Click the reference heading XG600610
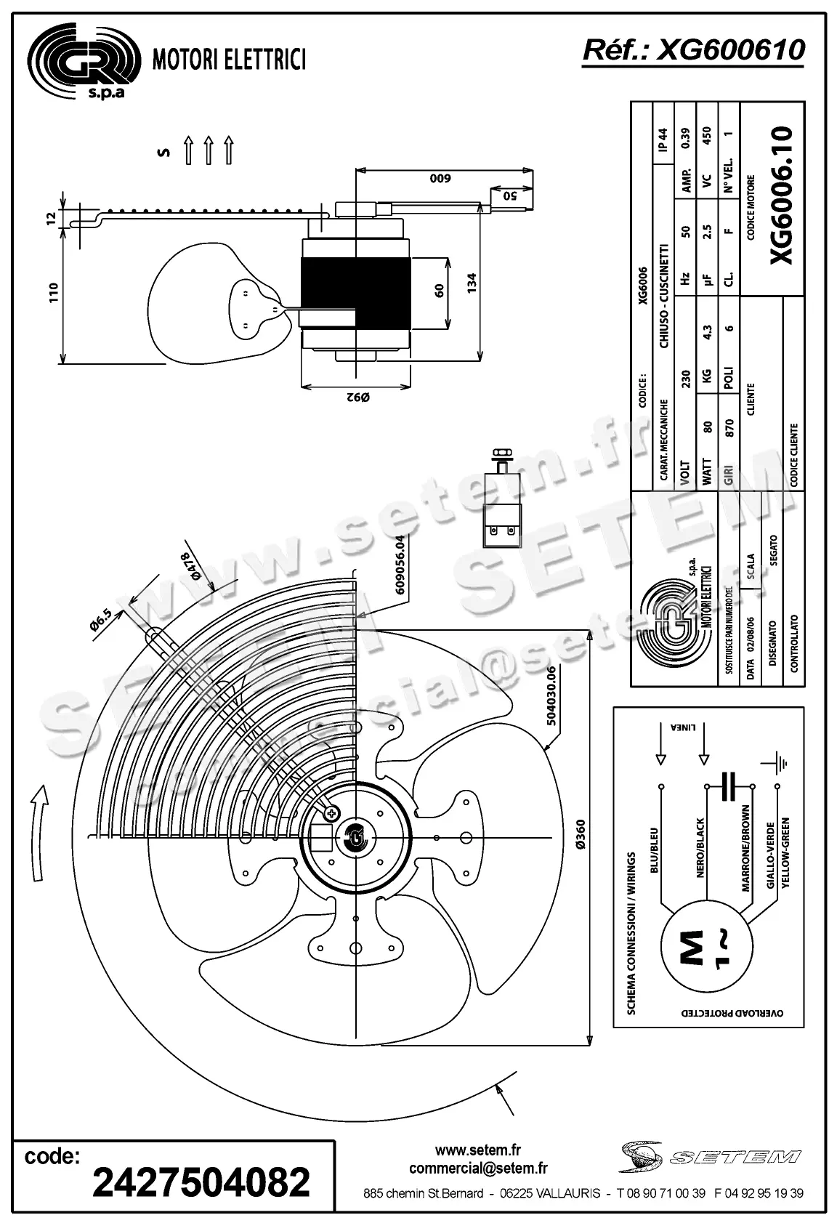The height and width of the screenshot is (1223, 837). pos(693,50)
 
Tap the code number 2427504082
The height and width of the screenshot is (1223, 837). pos(201,1182)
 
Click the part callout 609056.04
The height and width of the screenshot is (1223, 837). pos(400,565)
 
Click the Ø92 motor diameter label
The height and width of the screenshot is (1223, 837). pos(357,397)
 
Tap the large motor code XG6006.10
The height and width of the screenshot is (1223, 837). pos(781,196)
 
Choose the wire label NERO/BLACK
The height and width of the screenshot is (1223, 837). pos(700,847)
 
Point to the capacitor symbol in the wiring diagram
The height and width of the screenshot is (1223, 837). pos(730,786)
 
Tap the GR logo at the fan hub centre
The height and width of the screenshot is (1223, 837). pos(356,836)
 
